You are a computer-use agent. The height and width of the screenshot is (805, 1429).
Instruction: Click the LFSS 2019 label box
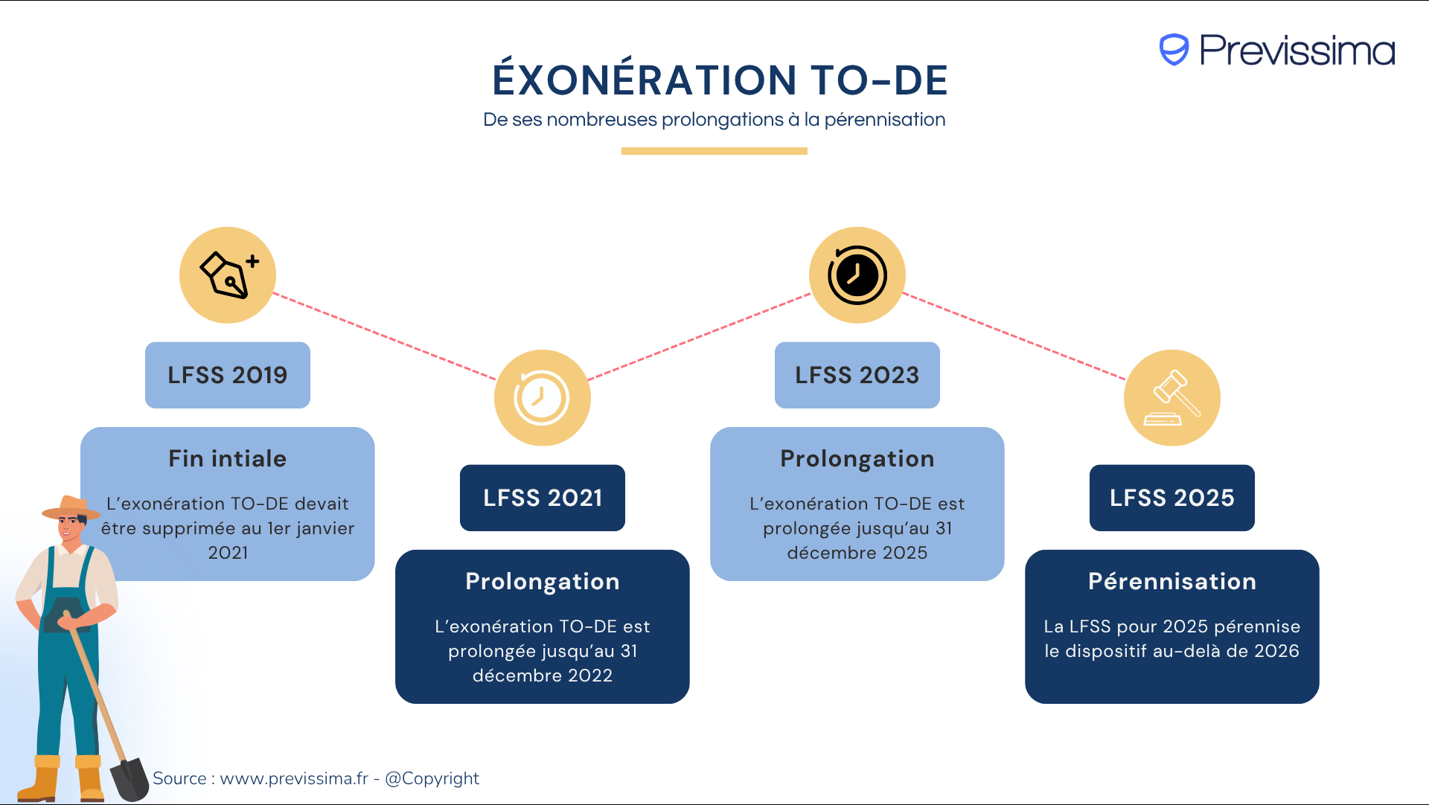tap(227, 375)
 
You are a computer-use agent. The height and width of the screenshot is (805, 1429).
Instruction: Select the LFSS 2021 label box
tap(542, 498)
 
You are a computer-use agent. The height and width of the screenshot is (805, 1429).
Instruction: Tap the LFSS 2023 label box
tap(857, 375)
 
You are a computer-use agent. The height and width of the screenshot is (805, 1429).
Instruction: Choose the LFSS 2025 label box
tap(1171, 498)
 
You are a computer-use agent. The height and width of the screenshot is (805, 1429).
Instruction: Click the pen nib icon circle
tap(228, 275)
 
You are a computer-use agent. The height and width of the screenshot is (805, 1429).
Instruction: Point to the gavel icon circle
tap(1171, 398)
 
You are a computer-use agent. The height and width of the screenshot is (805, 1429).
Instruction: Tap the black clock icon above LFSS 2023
tap(857, 275)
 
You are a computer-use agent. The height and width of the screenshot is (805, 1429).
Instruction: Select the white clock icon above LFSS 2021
tap(542, 398)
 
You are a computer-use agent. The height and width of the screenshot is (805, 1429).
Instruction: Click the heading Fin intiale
tap(227, 458)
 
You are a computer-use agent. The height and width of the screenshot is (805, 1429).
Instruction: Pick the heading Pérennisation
tap(1171, 581)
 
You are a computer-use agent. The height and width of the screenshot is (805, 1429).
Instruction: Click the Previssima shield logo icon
tap(1174, 50)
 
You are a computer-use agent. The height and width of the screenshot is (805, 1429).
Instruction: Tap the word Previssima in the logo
tap(1297, 51)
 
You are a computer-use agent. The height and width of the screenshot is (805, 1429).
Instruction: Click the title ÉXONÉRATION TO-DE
tap(720, 80)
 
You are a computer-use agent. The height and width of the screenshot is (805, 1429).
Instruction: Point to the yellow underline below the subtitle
tap(714, 151)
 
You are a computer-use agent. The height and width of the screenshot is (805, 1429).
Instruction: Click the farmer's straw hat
tap(70, 507)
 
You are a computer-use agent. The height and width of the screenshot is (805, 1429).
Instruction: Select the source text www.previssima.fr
tap(294, 778)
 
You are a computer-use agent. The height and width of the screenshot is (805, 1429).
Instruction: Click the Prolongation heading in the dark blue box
tap(542, 581)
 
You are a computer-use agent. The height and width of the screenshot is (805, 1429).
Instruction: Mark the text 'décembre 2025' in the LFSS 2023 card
tap(857, 553)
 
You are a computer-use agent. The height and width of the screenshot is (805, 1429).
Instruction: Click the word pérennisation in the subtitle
tap(884, 120)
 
